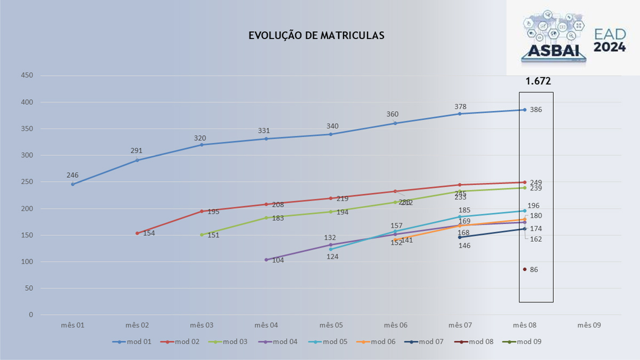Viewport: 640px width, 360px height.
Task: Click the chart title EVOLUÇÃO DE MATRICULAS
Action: (316, 36)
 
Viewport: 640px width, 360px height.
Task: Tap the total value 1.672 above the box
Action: (538, 81)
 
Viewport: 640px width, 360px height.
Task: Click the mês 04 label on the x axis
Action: (266, 325)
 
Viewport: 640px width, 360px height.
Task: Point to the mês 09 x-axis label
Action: (589, 325)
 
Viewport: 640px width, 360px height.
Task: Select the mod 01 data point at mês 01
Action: (73, 184)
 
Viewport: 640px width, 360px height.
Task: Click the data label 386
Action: (535, 110)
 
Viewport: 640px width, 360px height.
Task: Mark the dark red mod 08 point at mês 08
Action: (525, 269)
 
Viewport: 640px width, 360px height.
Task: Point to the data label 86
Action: (534, 270)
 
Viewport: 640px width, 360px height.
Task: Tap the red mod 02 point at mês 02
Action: (137, 233)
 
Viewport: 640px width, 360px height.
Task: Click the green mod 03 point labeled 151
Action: (202, 235)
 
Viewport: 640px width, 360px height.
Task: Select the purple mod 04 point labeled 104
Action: (266, 260)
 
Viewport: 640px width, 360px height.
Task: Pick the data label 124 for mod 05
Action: (333, 257)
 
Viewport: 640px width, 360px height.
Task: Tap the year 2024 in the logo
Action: (609, 47)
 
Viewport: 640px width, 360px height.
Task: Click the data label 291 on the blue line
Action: (137, 151)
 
